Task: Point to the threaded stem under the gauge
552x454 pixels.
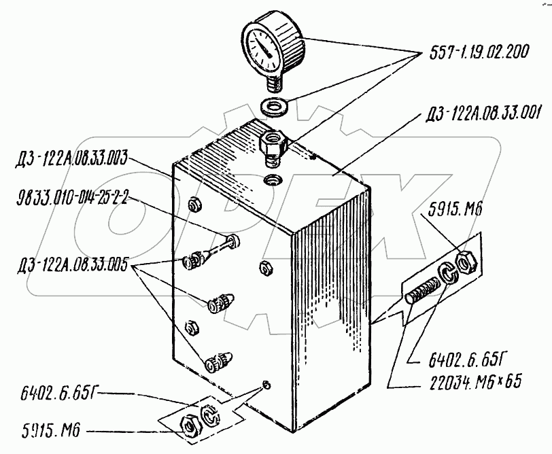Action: [x=274, y=85]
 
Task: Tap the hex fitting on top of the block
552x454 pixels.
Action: [x=273, y=142]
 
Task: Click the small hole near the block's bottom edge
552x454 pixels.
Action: [x=268, y=386]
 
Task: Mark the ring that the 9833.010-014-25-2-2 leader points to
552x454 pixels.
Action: [x=234, y=240]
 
